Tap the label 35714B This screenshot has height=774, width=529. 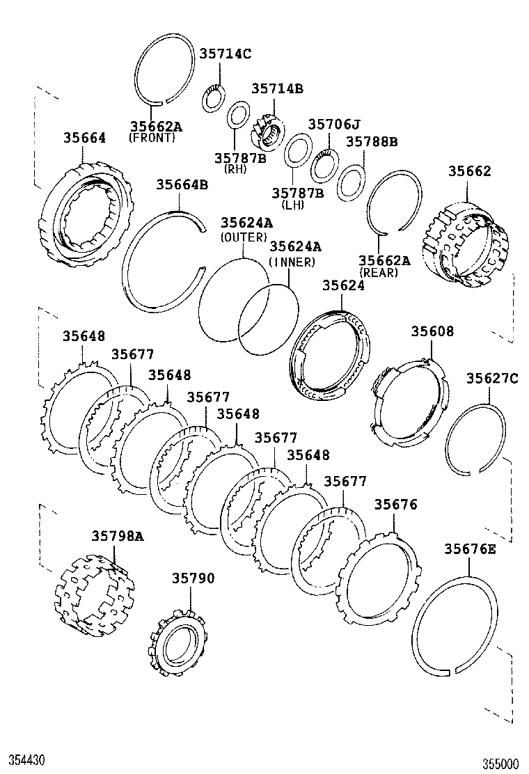click(x=277, y=88)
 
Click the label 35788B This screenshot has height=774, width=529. click(x=372, y=142)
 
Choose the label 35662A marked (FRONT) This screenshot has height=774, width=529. click(x=156, y=126)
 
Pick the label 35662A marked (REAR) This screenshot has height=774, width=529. click(x=384, y=260)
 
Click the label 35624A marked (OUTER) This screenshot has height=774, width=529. click(x=246, y=223)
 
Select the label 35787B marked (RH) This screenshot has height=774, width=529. click(x=240, y=158)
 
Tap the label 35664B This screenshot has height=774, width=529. click(x=182, y=184)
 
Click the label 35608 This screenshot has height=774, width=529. click(x=432, y=331)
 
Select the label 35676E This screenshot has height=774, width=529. click(x=471, y=549)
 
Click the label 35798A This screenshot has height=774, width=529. click(x=117, y=535)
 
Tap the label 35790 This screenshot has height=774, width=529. click(x=194, y=578)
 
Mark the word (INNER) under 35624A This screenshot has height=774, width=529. click(x=292, y=262)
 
